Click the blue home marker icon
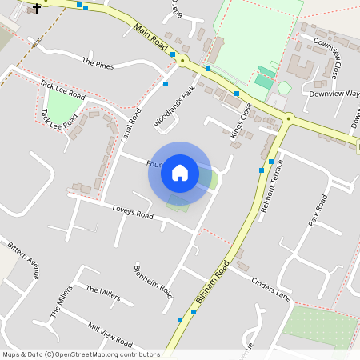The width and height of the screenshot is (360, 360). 180,173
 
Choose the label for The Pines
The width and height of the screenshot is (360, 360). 99,62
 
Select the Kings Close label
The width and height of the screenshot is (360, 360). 241,121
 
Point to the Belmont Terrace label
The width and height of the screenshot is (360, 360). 268,185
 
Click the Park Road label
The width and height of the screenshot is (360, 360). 316,210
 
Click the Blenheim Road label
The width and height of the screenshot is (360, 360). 154,281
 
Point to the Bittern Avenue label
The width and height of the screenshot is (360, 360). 23,259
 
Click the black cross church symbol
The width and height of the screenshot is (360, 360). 37,8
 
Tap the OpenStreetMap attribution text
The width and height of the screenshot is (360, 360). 82,354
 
